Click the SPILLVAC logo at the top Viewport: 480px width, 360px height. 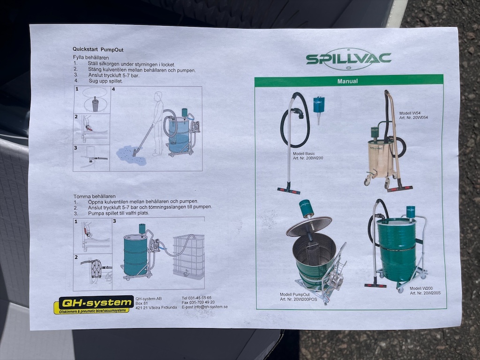(348, 59)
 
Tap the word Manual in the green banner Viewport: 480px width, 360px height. (347, 81)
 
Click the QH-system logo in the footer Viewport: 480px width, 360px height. (94, 305)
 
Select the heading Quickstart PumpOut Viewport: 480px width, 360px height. (98, 50)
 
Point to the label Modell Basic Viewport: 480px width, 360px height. (304, 154)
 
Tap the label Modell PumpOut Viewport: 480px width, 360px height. (295, 294)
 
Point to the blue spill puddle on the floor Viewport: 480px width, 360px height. (131, 155)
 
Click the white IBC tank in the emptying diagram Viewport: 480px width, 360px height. (188, 256)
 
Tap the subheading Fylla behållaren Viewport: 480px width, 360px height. (91, 58)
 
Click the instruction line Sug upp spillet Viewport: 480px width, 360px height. (105, 81)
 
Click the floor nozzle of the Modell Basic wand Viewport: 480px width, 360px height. (289, 190)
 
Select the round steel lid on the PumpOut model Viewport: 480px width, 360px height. (308, 226)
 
